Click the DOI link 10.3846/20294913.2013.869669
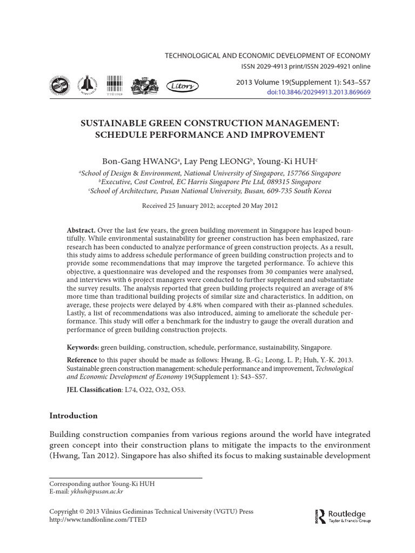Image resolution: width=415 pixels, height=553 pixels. pyautogui.click(x=319, y=93)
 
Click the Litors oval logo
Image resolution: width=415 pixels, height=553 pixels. pyautogui.click(x=182, y=85)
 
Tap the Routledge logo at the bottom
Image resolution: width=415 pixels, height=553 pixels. pyautogui.click(x=339, y=516)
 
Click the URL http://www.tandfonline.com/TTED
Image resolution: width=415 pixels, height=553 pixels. pyautogui.click(x=97, y=520)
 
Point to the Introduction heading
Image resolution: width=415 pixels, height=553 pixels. pyautogui.click(x=73, y=415)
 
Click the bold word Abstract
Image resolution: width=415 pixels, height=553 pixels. pyautogui.click(x=81, y=230)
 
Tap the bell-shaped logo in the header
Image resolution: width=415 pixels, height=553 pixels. pyautogui.click(x=85, y=85)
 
